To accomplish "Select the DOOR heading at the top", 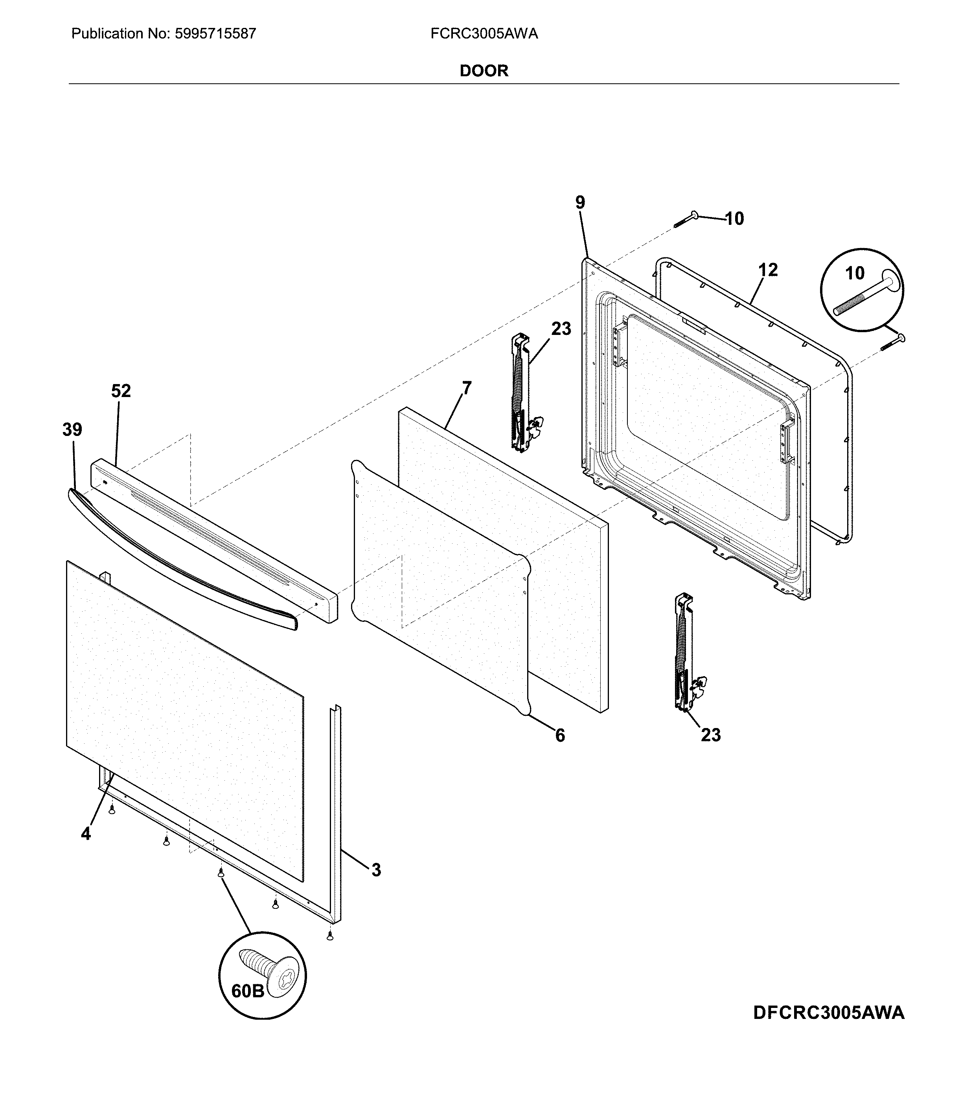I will (484, 71).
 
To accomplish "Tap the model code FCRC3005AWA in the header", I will (484, 34).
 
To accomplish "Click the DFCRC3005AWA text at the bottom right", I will (829, 1013).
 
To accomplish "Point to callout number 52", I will (121, 391).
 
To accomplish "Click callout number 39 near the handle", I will (72, 430).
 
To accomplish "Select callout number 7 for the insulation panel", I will (467, 388).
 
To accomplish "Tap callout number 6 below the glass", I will (559, 735).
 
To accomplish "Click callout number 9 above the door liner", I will (580, 203).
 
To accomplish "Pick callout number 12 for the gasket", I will (768, 270).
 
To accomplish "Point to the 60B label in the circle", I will (248, 991).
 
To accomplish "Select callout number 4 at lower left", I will (86, 833).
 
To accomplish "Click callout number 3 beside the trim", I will (376, 870).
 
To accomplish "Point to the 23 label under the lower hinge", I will (710, 735).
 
